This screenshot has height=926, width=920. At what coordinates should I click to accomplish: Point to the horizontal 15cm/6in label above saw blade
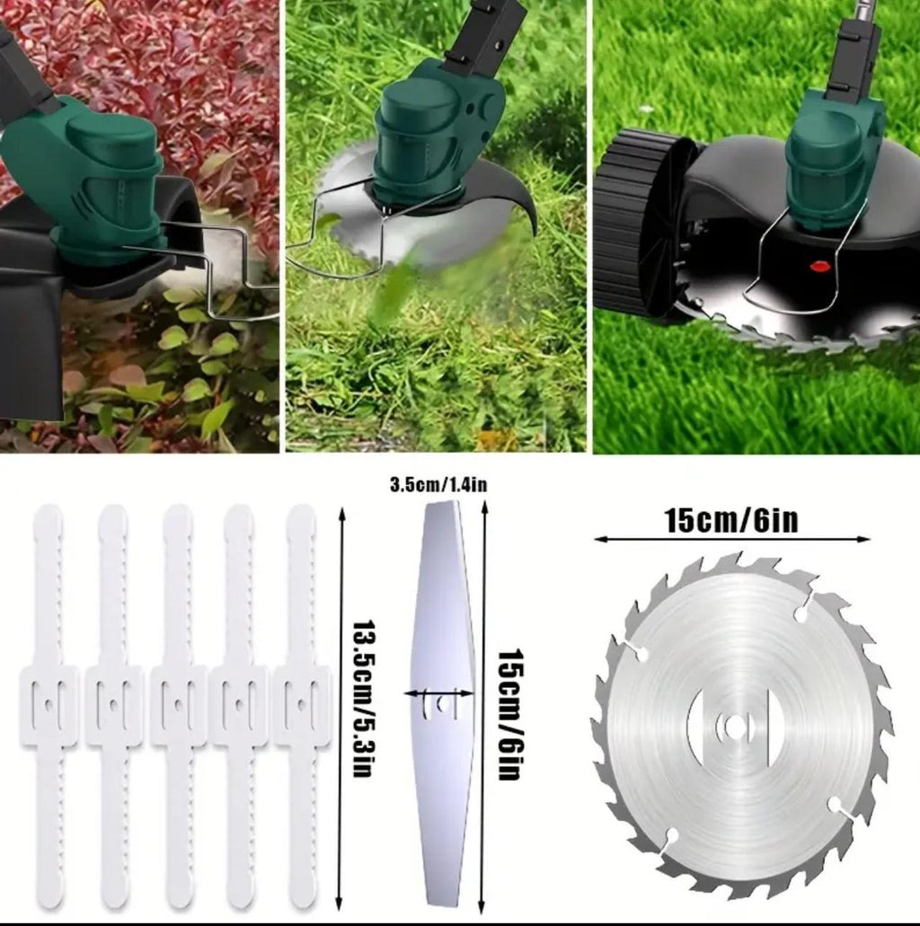(x=731, y=520)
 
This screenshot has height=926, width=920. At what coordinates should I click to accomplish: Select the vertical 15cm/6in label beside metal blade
(x=509, y=714)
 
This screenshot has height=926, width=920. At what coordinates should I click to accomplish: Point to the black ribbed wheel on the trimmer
(x=638, y=220)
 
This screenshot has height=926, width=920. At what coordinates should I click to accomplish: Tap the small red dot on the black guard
(x=818, y=266)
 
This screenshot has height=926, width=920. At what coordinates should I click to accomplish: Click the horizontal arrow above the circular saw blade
(x=731, y=540)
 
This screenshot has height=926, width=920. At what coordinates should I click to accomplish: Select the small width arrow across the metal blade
(x=439, y=692)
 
